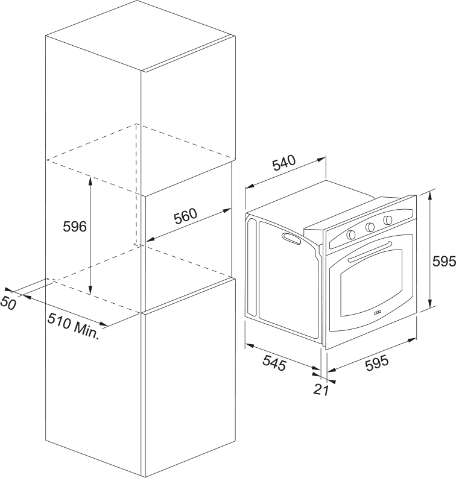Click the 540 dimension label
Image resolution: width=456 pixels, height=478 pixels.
(284, 163)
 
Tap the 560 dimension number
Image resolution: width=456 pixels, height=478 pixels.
(185, 216)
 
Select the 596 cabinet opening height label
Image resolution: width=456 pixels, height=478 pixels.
(75, 227)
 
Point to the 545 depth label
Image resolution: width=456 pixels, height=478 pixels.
(274, 363)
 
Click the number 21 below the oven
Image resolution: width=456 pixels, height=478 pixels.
(321, 389)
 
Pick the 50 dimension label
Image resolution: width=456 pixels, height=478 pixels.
(8, 303)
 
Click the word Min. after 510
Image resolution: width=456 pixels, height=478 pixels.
(87, 330)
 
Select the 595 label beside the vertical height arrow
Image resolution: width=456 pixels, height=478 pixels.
(444, 262)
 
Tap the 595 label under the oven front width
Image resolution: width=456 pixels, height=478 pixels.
(378, 363)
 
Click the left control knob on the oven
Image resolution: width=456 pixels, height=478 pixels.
(351, 234)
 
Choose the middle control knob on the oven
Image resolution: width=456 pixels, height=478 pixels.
(370, 227)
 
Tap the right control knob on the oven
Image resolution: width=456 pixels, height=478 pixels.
(388, 219)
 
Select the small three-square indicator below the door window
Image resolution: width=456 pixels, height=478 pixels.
(378, 312)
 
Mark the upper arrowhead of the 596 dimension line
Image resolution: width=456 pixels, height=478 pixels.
(90, 180)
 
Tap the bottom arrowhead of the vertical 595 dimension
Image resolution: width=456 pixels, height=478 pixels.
(430, 303)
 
